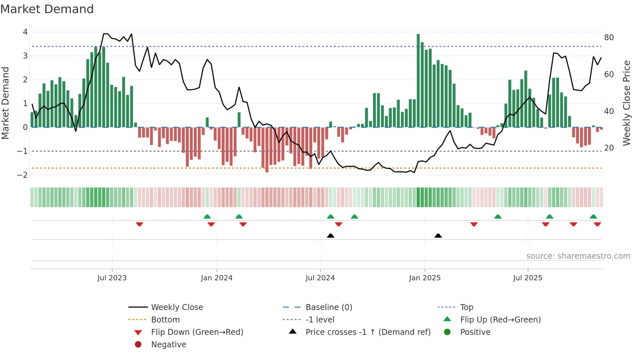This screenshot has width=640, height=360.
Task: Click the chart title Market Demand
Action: (47, 9)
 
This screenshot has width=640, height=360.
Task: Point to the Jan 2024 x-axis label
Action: (216, 278)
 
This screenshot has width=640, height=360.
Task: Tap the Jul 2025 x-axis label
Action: (527, 278)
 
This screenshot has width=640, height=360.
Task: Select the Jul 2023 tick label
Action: (112, 278)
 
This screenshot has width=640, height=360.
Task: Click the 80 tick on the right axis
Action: (609, 38)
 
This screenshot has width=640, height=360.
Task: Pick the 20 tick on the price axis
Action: (609, 148)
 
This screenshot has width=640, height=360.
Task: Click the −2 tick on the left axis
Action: (22, 175)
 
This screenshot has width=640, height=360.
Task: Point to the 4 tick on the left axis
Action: (25, 32)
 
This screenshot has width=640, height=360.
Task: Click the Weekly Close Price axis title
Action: (626, 103)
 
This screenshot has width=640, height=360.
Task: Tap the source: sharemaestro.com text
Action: (578, 256)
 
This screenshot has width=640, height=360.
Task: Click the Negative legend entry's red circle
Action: (138, 345)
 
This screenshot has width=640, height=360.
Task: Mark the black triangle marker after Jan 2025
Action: (438, 236)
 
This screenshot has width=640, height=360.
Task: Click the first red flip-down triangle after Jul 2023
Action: (139, 224)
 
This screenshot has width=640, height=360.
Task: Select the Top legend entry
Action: (466, 307)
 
